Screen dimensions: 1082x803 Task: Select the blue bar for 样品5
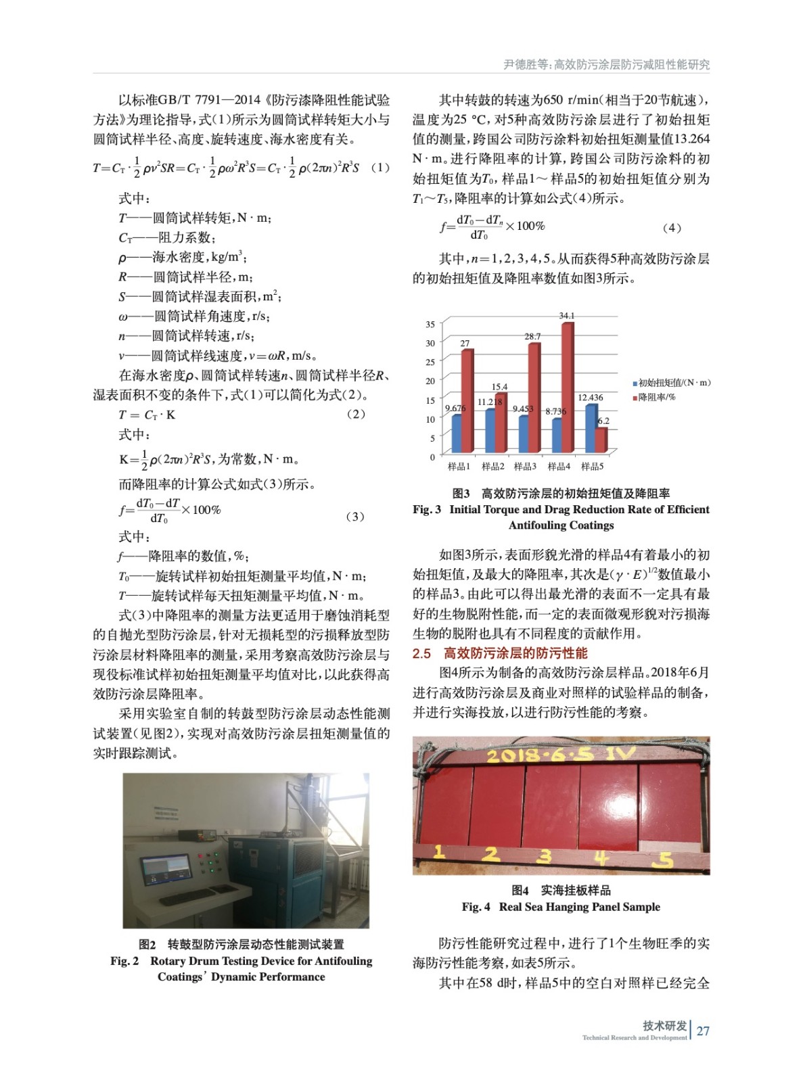(591, 428)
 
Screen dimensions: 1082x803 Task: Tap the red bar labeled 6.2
(601, 440)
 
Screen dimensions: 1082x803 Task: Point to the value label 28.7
(532, 336)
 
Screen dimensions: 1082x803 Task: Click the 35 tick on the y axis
(430, 325)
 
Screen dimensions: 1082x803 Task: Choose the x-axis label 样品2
(492, 467)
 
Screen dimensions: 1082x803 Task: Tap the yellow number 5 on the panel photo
(666, 859)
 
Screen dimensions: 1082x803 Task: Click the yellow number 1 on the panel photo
(439, 852)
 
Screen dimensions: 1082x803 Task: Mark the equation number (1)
(380, 167)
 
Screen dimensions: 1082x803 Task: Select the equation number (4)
(671, 228)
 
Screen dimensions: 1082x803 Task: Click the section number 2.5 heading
(421, 653)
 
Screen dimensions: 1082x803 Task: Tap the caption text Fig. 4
(476, 907)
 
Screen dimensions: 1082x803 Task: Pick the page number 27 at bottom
(703, 1031)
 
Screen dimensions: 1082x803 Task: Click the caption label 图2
(147, 945)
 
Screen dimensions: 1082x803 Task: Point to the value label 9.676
(455, 408)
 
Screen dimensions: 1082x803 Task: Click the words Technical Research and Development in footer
(634, 1037)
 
